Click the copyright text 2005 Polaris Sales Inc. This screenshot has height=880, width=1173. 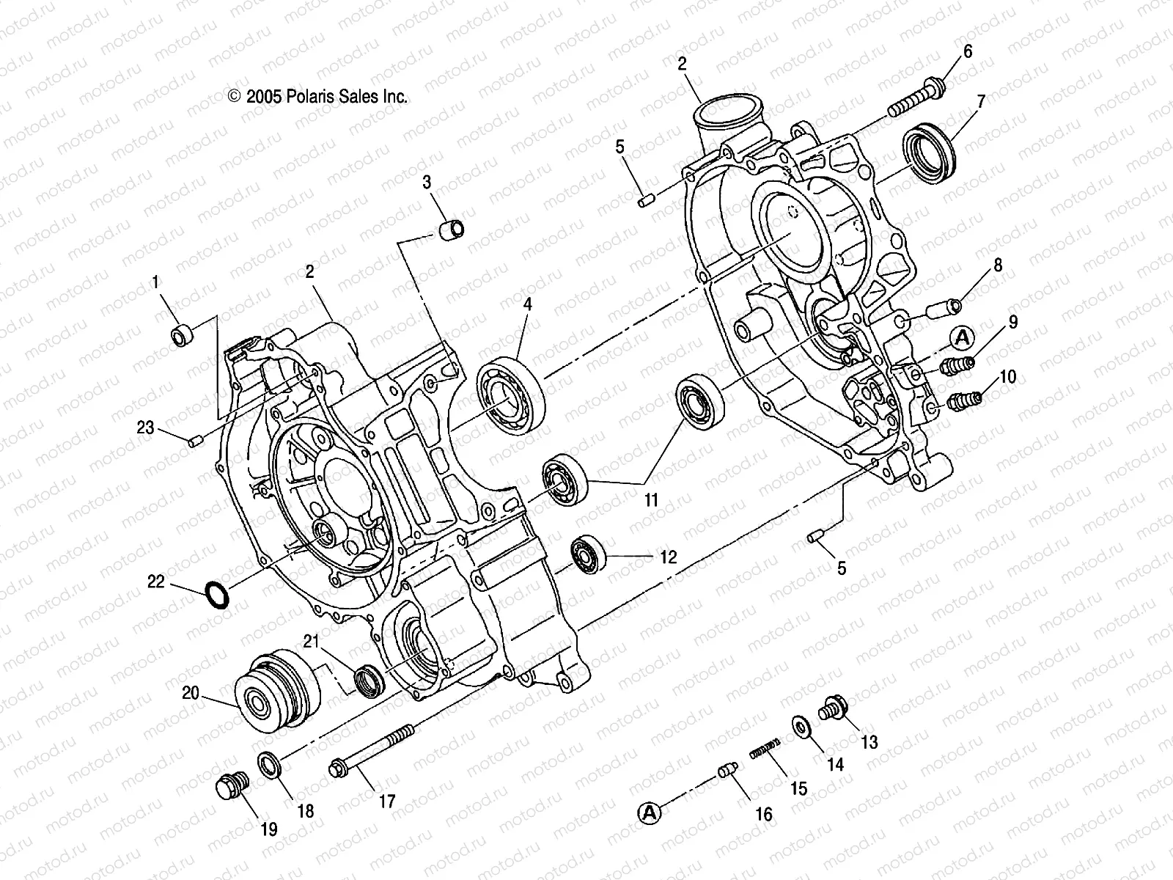point(317,96)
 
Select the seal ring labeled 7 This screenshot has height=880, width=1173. point(930,155)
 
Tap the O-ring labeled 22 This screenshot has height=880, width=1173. point(217,594)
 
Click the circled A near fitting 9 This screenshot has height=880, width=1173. point(963,337)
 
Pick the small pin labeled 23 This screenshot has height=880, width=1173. point(194,441)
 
